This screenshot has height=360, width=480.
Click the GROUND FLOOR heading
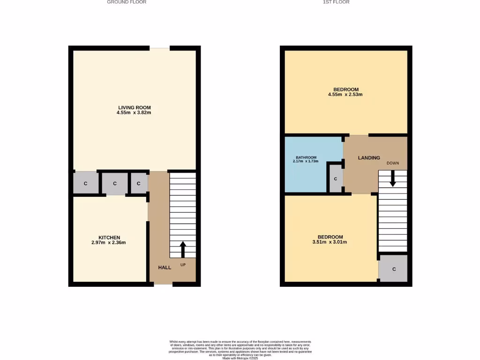point(127,2)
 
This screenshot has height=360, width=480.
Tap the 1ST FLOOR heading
point(336,2)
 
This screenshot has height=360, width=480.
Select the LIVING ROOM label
point(134,107)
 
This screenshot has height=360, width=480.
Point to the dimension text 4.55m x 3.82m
point(134,112)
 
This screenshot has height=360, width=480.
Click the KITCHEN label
point(109,237)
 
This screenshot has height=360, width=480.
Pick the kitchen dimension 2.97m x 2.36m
point(109,242)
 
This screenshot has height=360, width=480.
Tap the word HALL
point(165,267)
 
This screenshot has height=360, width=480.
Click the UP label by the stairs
point(183,265)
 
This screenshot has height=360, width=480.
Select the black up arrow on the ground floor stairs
point(183,249)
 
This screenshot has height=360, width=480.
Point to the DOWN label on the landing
point(393,163)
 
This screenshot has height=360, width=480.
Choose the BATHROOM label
point(306,157)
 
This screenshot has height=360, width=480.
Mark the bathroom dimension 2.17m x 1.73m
point(306,162)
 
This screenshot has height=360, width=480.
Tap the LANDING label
point(369,158)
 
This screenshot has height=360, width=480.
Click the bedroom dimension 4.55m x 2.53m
point(346,95)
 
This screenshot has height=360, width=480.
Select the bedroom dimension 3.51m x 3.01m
point(330,242)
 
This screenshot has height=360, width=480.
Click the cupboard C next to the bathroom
point(336,179)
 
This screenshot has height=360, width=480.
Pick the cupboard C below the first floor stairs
point(394,269)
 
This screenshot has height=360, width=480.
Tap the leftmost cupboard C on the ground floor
point(85,184)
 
